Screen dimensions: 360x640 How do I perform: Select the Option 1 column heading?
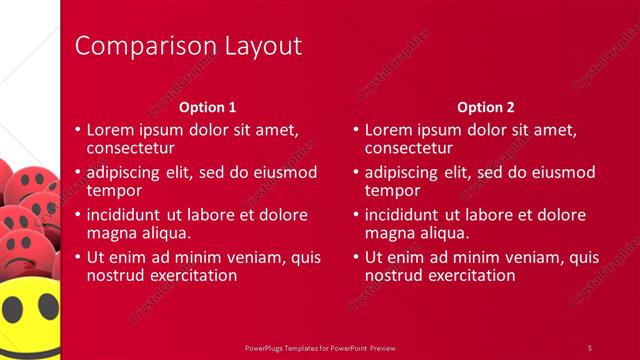click(207, 107)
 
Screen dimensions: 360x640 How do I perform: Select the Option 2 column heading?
click(485, 107)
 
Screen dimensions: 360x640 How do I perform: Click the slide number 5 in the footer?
click(590, 347)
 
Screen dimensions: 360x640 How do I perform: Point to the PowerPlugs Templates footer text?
click(320, 347)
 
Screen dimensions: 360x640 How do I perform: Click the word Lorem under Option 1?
click(110, 129)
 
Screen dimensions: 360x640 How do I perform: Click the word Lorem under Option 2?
click(388, 129)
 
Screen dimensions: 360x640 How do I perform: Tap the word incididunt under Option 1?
click(127, 214)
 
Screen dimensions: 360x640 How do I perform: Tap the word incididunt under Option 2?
click(404, 214)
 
